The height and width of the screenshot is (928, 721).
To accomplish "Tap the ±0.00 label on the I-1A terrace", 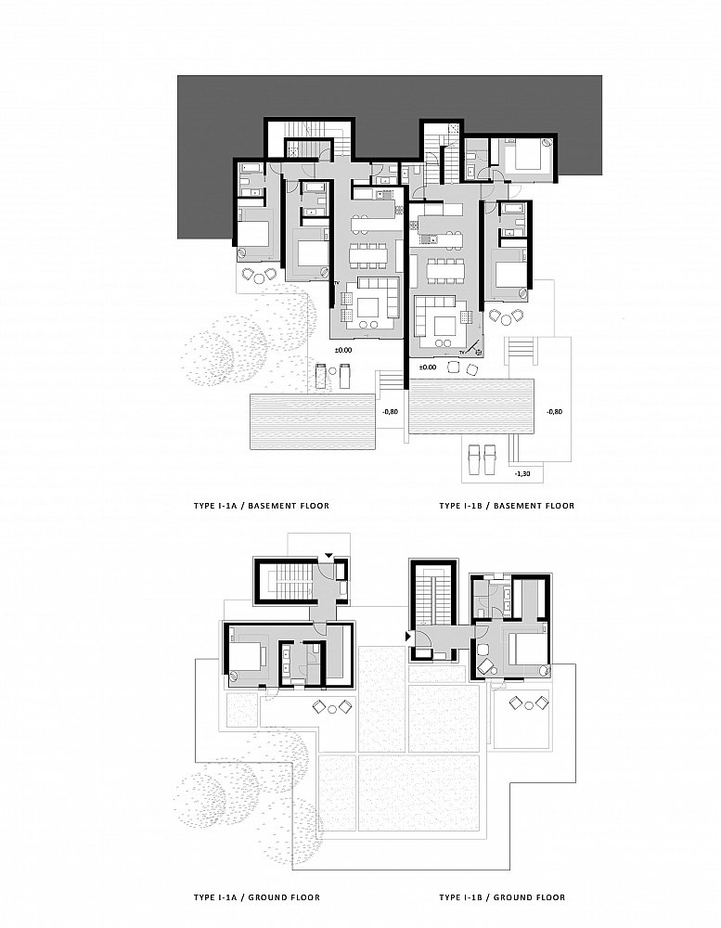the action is (342, 351).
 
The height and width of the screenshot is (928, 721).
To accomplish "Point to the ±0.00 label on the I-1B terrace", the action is (427, 367).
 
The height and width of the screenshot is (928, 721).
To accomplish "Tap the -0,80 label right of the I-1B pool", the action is (555, 412).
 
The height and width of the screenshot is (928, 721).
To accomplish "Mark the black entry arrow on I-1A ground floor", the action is (329, 556).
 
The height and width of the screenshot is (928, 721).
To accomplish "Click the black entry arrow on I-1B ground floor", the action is (408, 637).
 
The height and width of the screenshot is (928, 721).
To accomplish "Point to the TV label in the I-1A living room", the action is (337, 284).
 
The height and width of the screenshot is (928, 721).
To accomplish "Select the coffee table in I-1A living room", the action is (368, 307).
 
